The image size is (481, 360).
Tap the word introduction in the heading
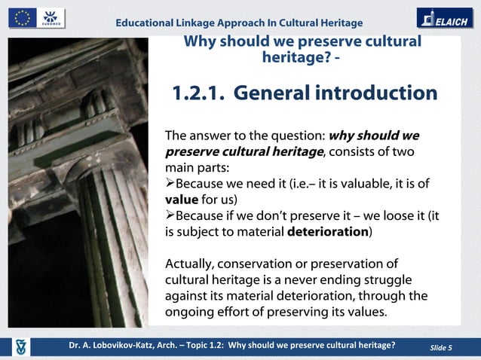[375, 93]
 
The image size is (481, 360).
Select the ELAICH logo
[445, 18]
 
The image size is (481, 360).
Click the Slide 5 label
[440, 346]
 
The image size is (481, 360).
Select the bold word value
[180, 200]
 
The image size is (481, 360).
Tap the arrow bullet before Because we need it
[170, 184]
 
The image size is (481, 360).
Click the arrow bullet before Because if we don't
[170, 216]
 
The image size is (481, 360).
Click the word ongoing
[190, 312]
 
